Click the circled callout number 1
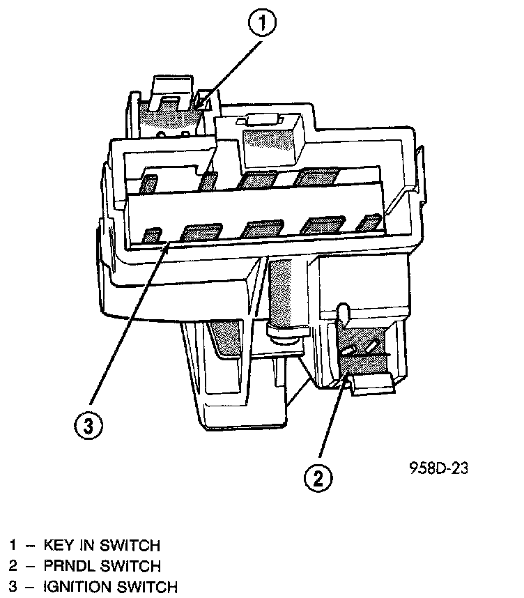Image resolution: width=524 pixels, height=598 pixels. tap(262, 25)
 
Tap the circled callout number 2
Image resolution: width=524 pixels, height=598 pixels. tap(317, 477)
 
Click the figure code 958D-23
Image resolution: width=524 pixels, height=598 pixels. tap(438, 468)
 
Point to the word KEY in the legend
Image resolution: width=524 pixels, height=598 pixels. tap(59, 545)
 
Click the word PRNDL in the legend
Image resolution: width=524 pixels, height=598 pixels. tap(68, 566)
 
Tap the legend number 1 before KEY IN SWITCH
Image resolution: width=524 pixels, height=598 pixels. tap(13, 545)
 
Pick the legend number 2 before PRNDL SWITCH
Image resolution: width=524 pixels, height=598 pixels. tap(13, 566)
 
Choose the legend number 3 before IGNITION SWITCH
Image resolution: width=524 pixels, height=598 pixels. tap(13, 587)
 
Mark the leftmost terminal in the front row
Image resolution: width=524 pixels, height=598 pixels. tap(151, 236)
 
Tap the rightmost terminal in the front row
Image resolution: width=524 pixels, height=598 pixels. tap(367, 224)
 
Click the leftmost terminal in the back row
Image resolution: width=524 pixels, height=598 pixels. tap(148, 184)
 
